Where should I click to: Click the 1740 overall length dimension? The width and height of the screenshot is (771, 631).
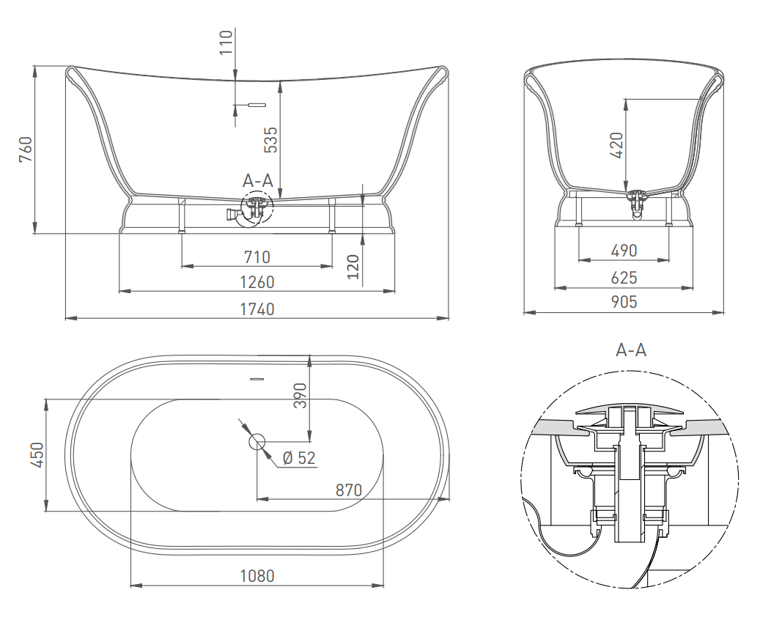[x=257, y=309]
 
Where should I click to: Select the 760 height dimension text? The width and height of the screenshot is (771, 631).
[x=26, y=150]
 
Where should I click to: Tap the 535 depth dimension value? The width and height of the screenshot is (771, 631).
[x=270, y=140]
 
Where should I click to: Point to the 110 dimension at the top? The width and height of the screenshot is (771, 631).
[x=226, y=43]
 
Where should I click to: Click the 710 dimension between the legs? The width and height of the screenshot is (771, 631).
[x=257, y=257]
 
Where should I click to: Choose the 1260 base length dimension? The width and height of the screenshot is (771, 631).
[x=257, y=282]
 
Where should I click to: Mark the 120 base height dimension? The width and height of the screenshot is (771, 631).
[x=353, y=267]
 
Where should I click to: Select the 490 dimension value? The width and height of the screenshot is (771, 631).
[x=624, y=251]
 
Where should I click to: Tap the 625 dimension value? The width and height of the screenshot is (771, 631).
[x=624, y=278]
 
